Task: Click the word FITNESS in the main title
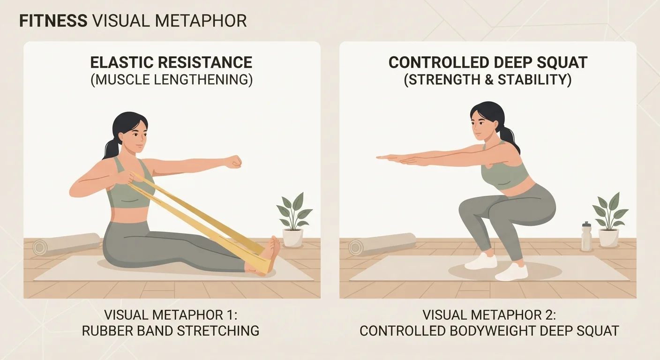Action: (x=53, y=21)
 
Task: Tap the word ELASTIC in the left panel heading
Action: (x=122, y=62)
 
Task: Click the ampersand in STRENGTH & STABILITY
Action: (x=488, y=80)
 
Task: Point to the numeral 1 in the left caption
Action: (x=231, y=315)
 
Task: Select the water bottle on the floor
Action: (x=586, y=237)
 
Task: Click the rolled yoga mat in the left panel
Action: (x=66, y=244)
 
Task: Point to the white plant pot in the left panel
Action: (x=292, y=238)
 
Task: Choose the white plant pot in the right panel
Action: (x=609, y=238)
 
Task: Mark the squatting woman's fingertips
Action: (x=380, y=157)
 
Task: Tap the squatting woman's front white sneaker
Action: (x=511, y=272)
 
